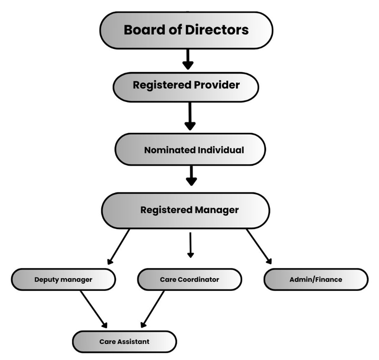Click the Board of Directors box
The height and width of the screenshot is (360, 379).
[186, 30]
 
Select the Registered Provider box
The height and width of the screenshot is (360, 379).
[186, 85]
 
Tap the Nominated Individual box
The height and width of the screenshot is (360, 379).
[190, 150]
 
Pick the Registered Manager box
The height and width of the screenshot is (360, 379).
[185, 210]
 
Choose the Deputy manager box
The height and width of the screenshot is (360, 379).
[63, 280]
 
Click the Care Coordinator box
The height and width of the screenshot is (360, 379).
[189, 280]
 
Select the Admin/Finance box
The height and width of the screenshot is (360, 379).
[316, 280]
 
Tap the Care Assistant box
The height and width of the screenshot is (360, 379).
[124, 341]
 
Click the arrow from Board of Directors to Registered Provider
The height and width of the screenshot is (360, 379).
[187, 59]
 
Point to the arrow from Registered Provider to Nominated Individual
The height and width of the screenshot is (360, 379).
[190, 116]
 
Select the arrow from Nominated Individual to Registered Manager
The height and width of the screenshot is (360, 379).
[192, 175]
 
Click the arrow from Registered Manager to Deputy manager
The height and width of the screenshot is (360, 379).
[119, 246]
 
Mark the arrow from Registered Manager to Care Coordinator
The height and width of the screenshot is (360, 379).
[190, 245]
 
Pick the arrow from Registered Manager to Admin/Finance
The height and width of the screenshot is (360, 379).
[259, 246]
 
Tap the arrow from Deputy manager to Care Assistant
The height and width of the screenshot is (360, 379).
[94, 309]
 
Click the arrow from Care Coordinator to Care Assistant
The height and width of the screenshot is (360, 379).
[153, 309]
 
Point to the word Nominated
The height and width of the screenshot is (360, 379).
[169, 150]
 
